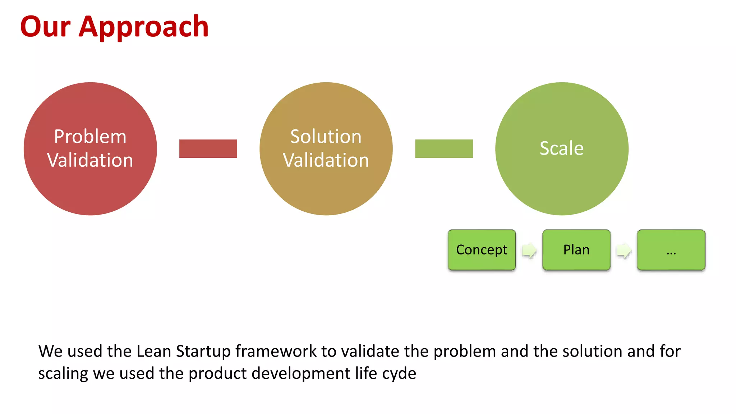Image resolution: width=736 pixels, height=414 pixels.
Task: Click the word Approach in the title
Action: click(x=143, y=27)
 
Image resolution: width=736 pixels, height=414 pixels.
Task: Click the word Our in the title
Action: click(x=45, y=27)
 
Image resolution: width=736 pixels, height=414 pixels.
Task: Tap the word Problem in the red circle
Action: click(x=90, y=137)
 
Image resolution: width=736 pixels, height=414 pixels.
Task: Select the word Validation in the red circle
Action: click(x=90, y=160)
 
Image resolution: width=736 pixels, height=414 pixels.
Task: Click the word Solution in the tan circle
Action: click(x=326, y=137)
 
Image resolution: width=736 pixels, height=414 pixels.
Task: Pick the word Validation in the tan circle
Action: click(x=326, y=160)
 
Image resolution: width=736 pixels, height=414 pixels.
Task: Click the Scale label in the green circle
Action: click(x=561, y=148)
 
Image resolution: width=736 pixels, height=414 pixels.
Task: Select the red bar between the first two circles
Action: click(x=208, y=149)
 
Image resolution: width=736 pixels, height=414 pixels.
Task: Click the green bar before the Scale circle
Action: click(x=444, y=149)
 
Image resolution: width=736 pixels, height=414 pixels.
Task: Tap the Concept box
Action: click(x=482, y=250)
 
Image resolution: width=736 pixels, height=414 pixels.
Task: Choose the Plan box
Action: click(x=576, y=250)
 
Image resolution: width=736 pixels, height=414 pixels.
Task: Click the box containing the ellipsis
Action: click(x=671, y=250)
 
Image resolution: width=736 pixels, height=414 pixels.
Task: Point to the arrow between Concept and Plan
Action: click(x=529, y=250)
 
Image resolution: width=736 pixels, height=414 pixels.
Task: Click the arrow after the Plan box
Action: click(x=624, y=250)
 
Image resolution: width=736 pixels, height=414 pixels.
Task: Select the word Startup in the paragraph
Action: click(x=203, y=352)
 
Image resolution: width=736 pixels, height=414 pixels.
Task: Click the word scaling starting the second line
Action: click(x=63, y=374)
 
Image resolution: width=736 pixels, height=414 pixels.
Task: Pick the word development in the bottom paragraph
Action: click(x=301, y=374)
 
